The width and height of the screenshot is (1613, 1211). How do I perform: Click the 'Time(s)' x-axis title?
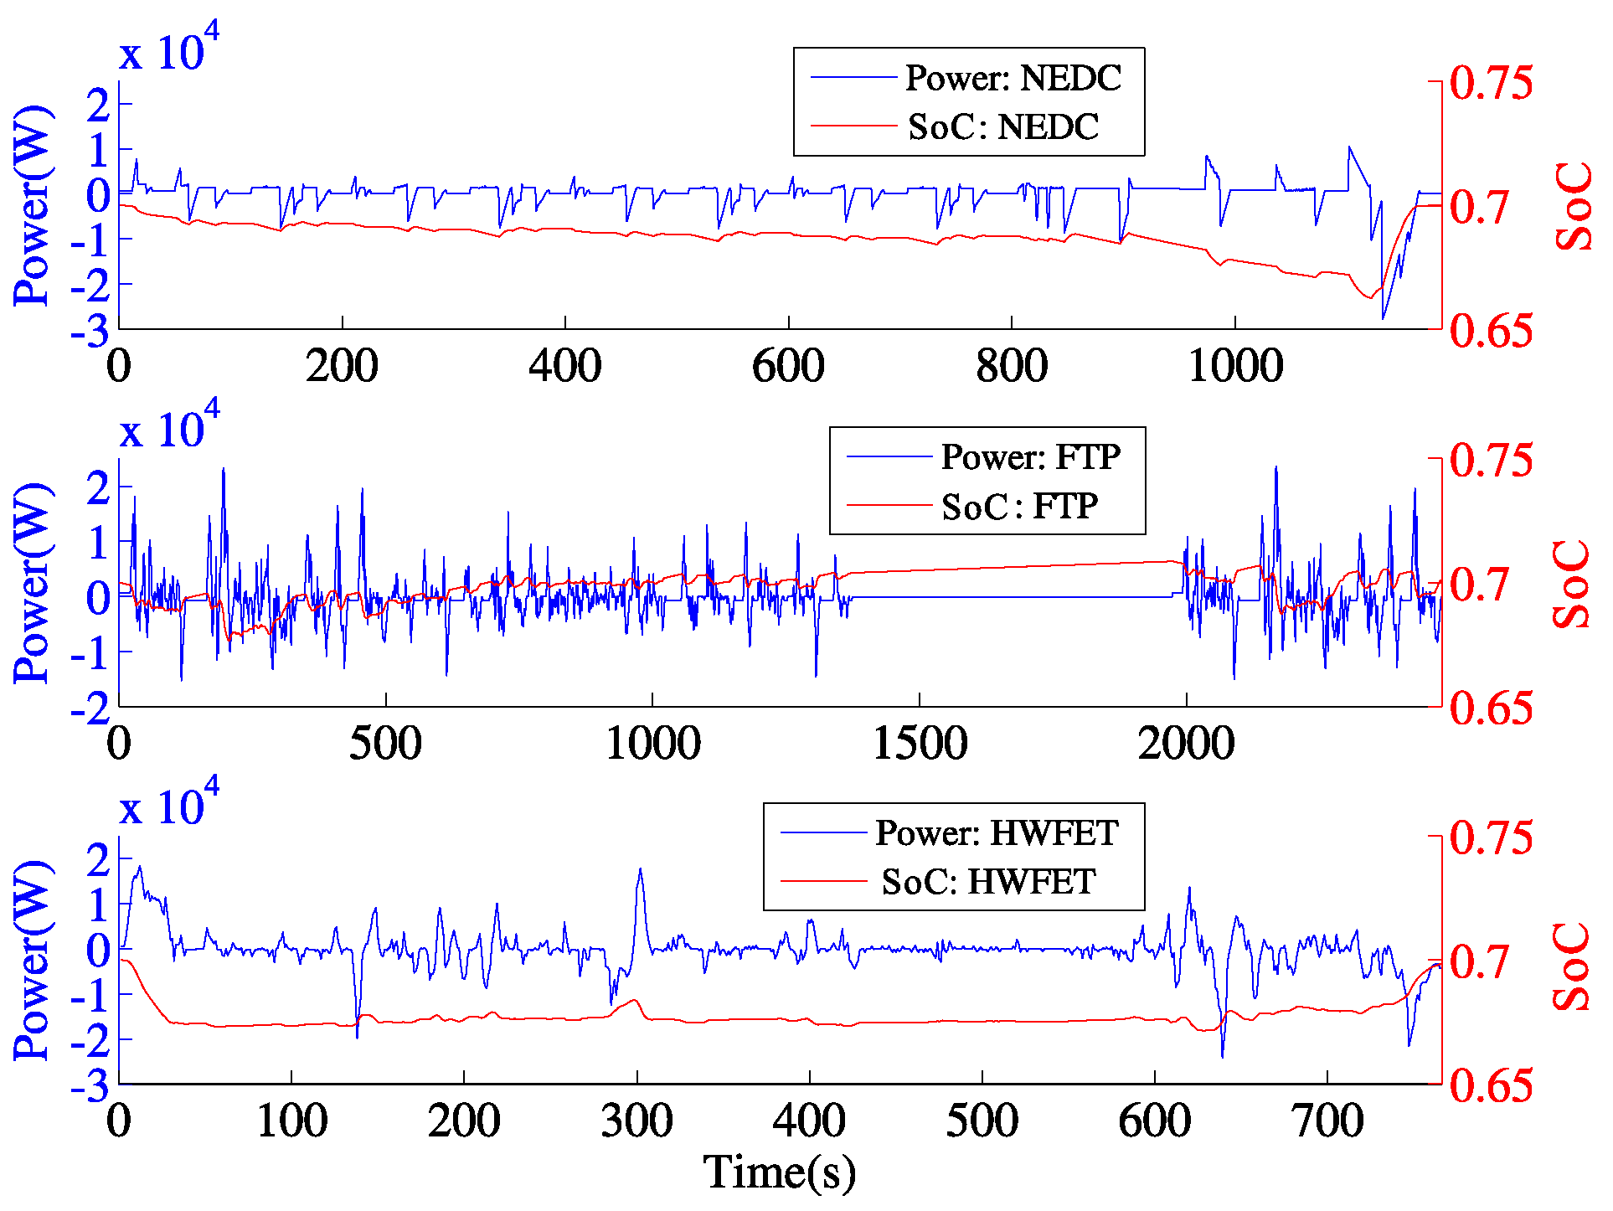click(x=779, y=1172)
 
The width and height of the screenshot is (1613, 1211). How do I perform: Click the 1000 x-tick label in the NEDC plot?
click(x=1235, y=366)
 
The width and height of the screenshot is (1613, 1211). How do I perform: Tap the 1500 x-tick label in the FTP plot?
click(x=920, y=744)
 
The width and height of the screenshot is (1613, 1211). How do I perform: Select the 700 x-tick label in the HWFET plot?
click(x=1327, y=1121)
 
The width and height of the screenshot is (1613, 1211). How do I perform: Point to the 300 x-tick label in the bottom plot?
click(x=636, y=1121)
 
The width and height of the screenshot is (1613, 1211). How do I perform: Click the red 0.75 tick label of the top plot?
click(x=1491, y=83)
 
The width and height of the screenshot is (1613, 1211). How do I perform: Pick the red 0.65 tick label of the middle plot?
click(x=1491, y=709)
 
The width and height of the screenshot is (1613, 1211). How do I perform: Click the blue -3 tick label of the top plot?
click(x=90, y=332)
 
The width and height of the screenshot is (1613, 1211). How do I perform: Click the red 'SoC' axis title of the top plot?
click(x=1573, y=206)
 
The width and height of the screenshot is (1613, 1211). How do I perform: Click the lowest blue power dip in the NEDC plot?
click(x=1383, y=318)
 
